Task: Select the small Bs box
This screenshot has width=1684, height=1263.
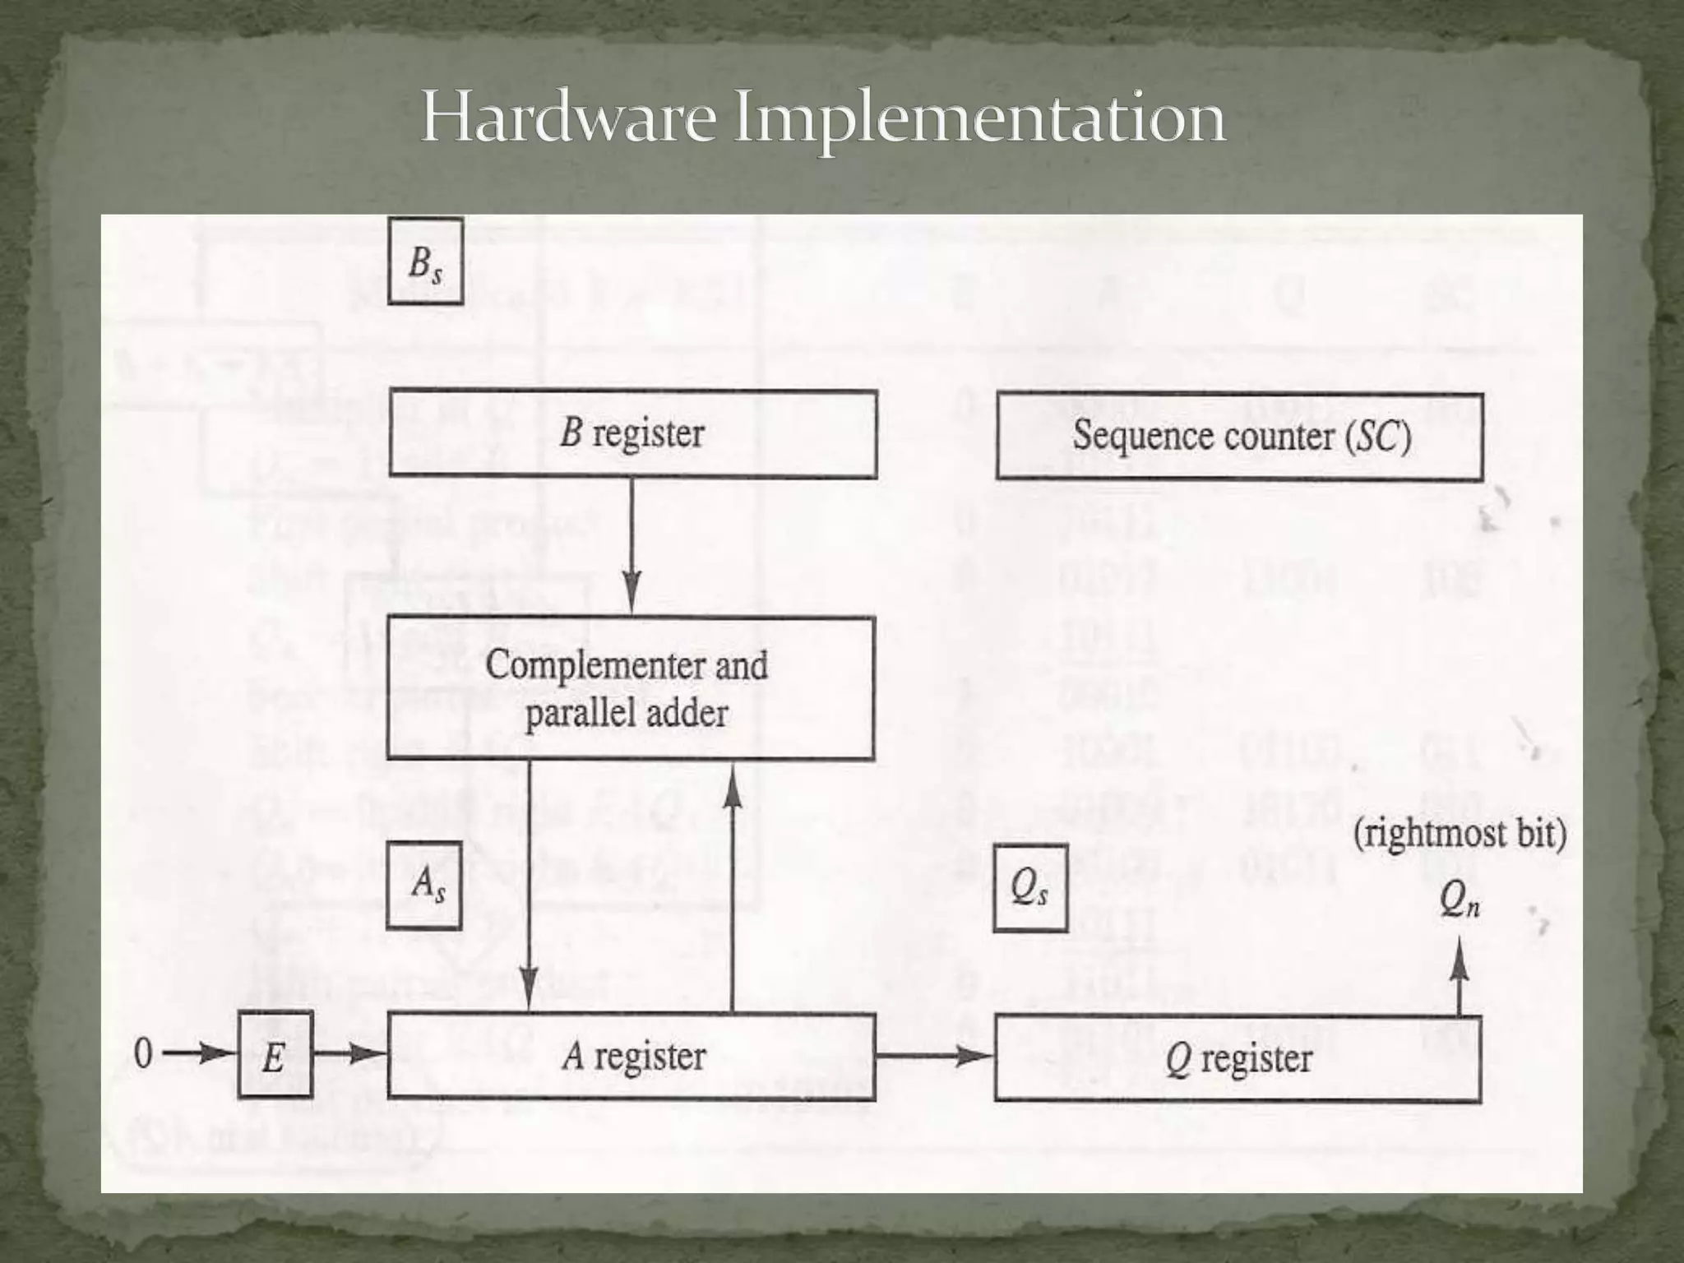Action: tap(425, 261)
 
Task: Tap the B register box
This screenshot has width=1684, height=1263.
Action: tap(632, 434)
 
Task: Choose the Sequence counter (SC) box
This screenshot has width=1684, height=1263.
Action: tap(1240, 437)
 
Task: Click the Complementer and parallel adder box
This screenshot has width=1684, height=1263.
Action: tap(630, 688)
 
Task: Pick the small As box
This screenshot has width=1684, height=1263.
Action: tap(424, 886)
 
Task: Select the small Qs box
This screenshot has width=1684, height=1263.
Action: tap(1030, 888)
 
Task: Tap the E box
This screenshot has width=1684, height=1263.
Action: tap(275, 1056)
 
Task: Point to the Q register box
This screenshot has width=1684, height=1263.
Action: tap(1238, 1059)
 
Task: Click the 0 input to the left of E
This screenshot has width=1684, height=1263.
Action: tap(143, 1053)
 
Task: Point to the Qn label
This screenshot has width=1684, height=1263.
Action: tap(1460, 904)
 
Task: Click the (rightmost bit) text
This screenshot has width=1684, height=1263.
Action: tap(1460, 835)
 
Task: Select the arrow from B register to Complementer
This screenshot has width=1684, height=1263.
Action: tap(631, 547)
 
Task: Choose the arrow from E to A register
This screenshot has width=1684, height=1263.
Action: tap(350, 1053)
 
